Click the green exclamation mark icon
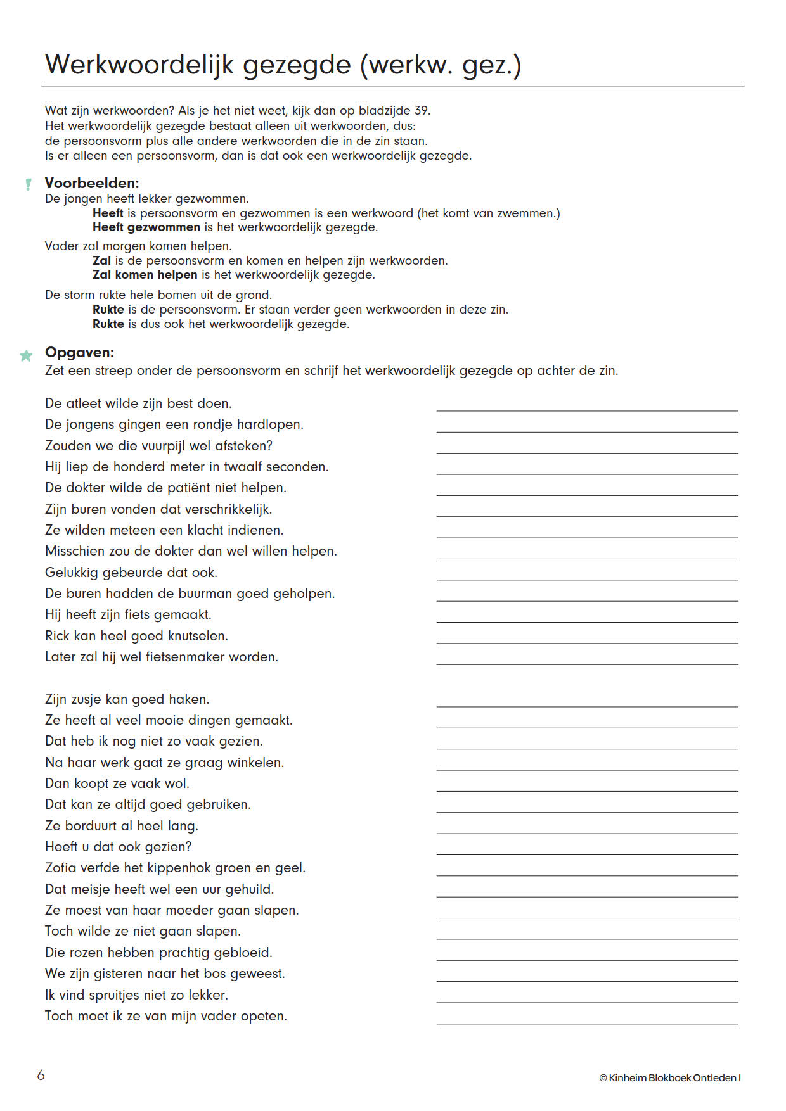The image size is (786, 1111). pyautogui.click(x=28, y=184)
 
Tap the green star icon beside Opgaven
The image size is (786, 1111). pyautogui.click(x=26, y=355)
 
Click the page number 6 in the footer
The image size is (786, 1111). pyautogui.click(x=41, y=1075)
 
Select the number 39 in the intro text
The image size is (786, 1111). pyautogui.click(x=422, y=111)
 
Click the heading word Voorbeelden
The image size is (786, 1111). pyautogui.click(x=92, y=183)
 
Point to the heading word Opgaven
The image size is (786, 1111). pyautogui.click(x=79, y=352)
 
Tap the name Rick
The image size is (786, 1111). pyautogui.click(x=56, y=636)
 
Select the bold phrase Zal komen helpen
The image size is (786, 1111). pyautogui.click(x=145, y=275)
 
